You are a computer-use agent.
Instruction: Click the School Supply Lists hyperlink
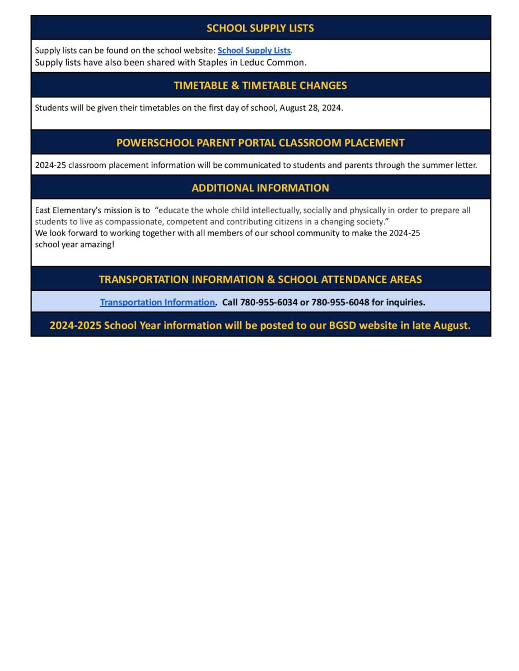[254, 50]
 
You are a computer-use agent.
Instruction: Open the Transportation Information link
[157, 302]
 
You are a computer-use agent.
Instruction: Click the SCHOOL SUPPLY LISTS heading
[260, 28]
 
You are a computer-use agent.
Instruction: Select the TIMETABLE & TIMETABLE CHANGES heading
[260, 86]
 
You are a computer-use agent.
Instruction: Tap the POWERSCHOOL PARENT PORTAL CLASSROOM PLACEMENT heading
[260, 143]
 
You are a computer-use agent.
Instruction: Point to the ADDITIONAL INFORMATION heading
[260, 188]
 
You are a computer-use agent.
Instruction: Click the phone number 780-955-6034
[269, 302]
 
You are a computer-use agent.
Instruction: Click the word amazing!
[97, 244]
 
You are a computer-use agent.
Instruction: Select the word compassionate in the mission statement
[129, 221]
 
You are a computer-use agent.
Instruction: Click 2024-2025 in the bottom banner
[75, 325]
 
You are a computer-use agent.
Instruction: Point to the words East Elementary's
[63, 210]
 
